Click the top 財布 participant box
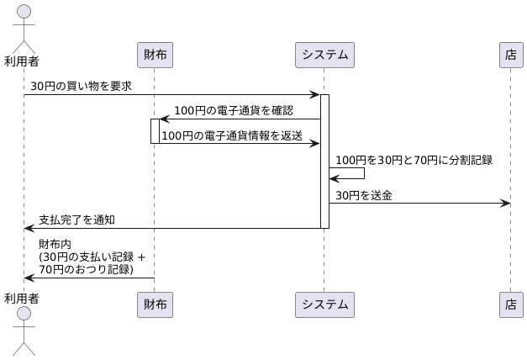coord(155,56)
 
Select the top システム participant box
coord(324,56)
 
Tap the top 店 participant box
coord(510,56)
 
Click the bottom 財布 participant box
coord(155,304)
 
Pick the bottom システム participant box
coord(324,304)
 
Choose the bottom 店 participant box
coord(510,304)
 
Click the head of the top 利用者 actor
coord(24,12)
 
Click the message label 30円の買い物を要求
coord(81,86)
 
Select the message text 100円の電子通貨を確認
coord(234,110)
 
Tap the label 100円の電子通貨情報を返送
coord(232,135)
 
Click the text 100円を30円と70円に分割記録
coord(414,159)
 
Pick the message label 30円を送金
coord(364,194)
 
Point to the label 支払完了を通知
coord(76,219)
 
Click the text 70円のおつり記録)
coord(86,268)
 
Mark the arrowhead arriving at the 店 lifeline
coord(506,203)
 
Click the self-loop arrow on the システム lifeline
coord(363,173)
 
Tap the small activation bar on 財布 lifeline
coord(155,130)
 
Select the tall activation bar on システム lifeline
coord(324,160)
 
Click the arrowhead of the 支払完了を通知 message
coord(29,227)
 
